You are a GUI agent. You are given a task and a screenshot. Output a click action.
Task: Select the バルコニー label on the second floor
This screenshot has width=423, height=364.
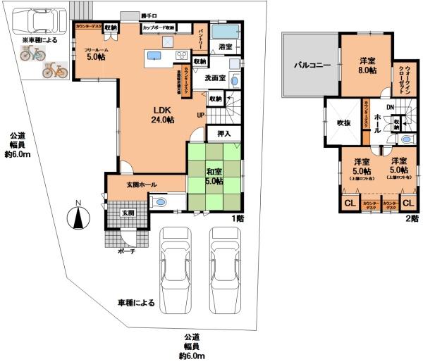click(312, 65)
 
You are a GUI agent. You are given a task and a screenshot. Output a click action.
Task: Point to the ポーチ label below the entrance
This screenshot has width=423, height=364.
click(127, 250)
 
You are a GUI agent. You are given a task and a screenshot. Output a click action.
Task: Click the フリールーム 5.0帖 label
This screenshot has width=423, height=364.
click(96, 54)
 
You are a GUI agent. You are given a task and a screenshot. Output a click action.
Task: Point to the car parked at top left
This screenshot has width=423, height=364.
click(39, 23)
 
